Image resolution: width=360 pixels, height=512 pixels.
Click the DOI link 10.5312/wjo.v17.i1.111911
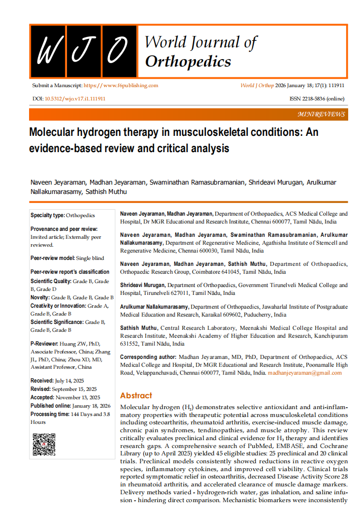(75, 98)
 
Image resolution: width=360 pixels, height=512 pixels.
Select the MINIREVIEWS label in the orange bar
(322, 114)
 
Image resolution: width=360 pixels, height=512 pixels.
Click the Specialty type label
(47, 215)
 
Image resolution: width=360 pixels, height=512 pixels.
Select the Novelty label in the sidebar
(40, 297)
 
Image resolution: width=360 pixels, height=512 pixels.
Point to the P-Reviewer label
(44, 344)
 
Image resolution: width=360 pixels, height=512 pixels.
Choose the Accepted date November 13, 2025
(78, 397)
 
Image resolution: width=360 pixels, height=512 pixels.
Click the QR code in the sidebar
(44, 444)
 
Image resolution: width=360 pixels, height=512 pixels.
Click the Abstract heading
(136, 395)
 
